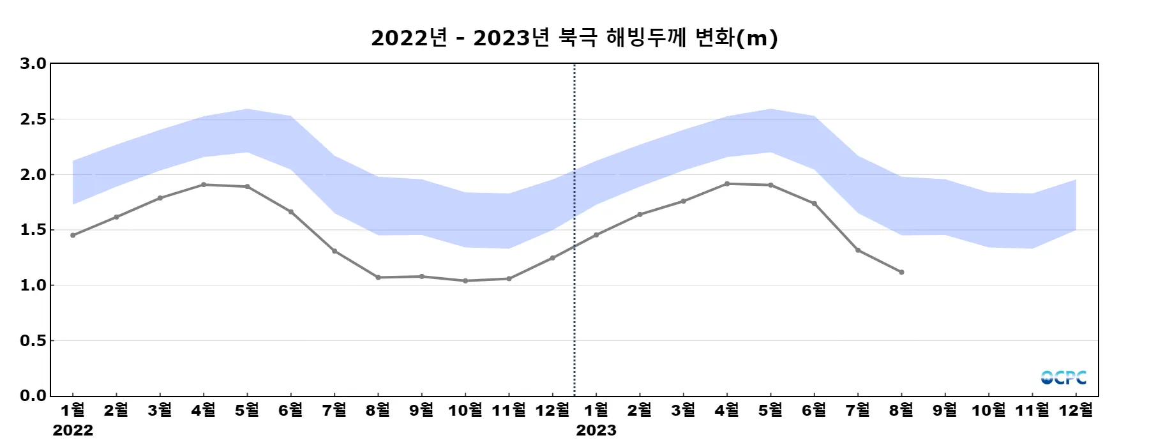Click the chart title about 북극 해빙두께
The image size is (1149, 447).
[574, 38]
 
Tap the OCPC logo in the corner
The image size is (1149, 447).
[1063, 377]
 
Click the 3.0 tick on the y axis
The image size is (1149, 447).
[33, 64]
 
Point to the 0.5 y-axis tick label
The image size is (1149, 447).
[33, 341]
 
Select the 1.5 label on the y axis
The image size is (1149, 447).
[33, 230]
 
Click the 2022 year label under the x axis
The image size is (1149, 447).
[73, 430]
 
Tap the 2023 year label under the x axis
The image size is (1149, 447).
[596, 430]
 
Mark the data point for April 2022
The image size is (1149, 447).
[204, 185]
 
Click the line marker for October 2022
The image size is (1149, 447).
[465, 281]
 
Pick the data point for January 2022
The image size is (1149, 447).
[73, 236]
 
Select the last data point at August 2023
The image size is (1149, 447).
[901, 272]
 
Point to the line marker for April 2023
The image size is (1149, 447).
[727, 184]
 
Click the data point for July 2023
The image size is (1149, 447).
[858, 250]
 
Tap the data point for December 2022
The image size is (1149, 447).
[553, 258]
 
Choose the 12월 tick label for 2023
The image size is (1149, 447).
[1076, 410]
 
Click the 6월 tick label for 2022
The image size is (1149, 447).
[291, 410]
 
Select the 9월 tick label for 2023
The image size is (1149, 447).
[945, 410]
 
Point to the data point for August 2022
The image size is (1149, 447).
[378, 277]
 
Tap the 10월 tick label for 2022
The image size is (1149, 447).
[465, 410]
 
